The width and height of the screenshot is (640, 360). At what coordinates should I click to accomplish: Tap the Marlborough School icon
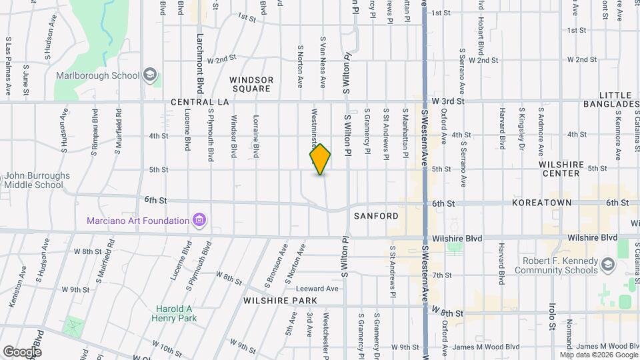pos(151,75)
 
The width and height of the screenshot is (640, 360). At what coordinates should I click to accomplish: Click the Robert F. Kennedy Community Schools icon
pos(607,265)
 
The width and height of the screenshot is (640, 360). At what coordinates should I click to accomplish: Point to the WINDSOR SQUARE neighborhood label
pos(251,84)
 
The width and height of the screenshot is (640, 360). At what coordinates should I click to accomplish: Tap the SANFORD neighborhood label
pos(376,216)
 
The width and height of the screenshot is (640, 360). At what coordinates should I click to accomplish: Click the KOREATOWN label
pos(542,202)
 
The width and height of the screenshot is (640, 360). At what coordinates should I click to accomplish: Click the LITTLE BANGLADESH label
pos(609,100)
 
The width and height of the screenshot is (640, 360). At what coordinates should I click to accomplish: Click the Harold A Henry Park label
pos(174,313)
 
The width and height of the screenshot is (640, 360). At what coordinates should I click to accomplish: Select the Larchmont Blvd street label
pos(199,63)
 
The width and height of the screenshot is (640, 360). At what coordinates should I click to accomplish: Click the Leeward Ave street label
pos(321,289)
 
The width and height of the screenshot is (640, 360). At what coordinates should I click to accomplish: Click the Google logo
pos(22,351)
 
